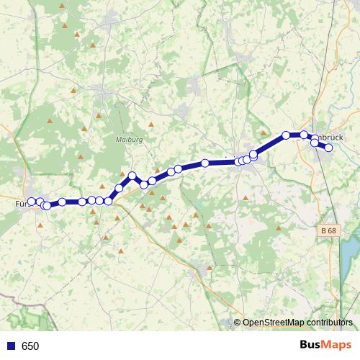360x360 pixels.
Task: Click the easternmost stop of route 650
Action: (x=328, y=148)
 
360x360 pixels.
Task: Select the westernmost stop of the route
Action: (x=32, y=202)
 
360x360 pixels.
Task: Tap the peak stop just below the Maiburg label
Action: (x=132, y=176)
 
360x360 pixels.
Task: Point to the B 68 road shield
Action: (x=328, y=230)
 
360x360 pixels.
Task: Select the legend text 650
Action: (x=30, y=346)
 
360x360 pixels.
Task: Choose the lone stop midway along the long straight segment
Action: (x=205, y=163)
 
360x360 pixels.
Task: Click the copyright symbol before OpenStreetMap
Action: (x=238, y=323)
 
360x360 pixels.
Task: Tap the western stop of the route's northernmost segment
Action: (x=286, y=135)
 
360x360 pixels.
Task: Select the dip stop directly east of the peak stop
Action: (x=144, y=184)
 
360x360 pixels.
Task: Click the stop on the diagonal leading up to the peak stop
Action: (x=119, y=188)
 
